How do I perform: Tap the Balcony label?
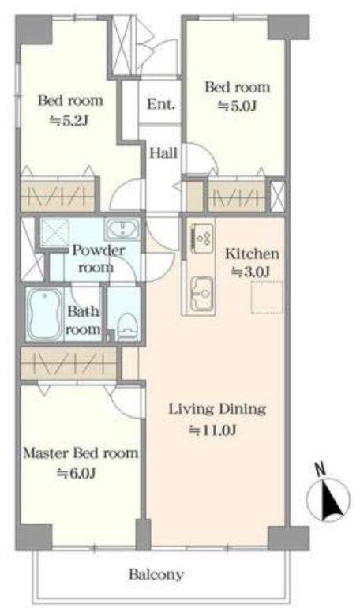point(156,574)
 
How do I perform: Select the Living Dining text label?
point(217,408)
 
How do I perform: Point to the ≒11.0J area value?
point(212,430)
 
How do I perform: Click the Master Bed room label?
point(81,453)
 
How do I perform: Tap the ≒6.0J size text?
point(76,473)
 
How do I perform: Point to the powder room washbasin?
point(122,229)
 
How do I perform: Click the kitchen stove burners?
point(202,239)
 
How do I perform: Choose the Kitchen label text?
point(252,254)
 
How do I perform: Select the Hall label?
point(163,153)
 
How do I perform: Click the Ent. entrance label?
point(161,104)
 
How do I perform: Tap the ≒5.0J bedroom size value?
point(237,106)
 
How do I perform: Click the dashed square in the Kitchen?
point(268,297)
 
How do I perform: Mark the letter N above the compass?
point(321,468)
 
